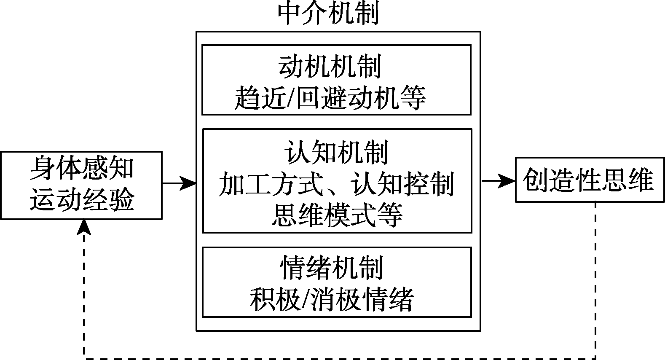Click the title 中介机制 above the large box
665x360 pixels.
pos(329,13)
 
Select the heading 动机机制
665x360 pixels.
pos(330,67)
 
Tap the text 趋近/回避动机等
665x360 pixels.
pos(330,98)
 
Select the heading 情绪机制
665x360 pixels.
pos(331,267)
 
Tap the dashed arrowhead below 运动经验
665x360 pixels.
pos(85,226)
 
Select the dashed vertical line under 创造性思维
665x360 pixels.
pos(595,278)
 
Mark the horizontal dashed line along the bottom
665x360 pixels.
pos(337,358)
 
